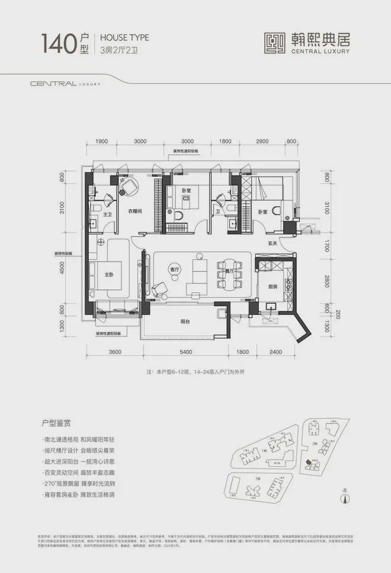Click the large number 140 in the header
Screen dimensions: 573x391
tap(59, 43)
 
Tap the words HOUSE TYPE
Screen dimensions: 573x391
tap(124, 37)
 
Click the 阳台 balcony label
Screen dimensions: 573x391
tap(187, 322)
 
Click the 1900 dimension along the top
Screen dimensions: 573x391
tap(101, 142)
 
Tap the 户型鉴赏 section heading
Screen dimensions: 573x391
tap(57, 425)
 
